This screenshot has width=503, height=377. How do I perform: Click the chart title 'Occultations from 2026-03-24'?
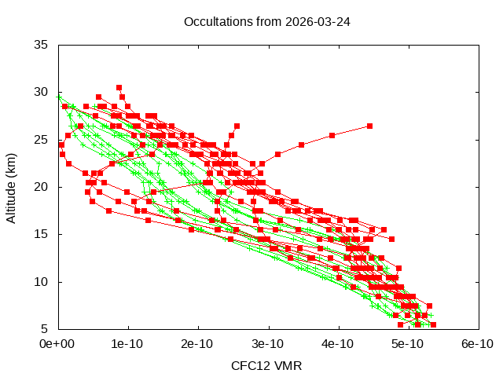pos(266,21)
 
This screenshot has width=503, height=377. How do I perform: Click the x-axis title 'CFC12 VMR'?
pos(266,366)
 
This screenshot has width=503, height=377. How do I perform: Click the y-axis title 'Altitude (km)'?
pos(11,187)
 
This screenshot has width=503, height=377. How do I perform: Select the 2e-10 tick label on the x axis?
pos(198,343)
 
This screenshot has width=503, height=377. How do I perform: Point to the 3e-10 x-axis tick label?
pos(268,343)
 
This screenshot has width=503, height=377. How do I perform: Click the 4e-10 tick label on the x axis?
pos(338,343)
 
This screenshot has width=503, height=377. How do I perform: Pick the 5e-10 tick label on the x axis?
pos(408,343)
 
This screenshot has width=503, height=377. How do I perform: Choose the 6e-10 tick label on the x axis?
pos(478,343)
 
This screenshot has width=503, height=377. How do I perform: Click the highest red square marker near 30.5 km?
pos(119,87)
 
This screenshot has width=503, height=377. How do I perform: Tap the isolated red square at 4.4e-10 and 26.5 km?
pos(369,126)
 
